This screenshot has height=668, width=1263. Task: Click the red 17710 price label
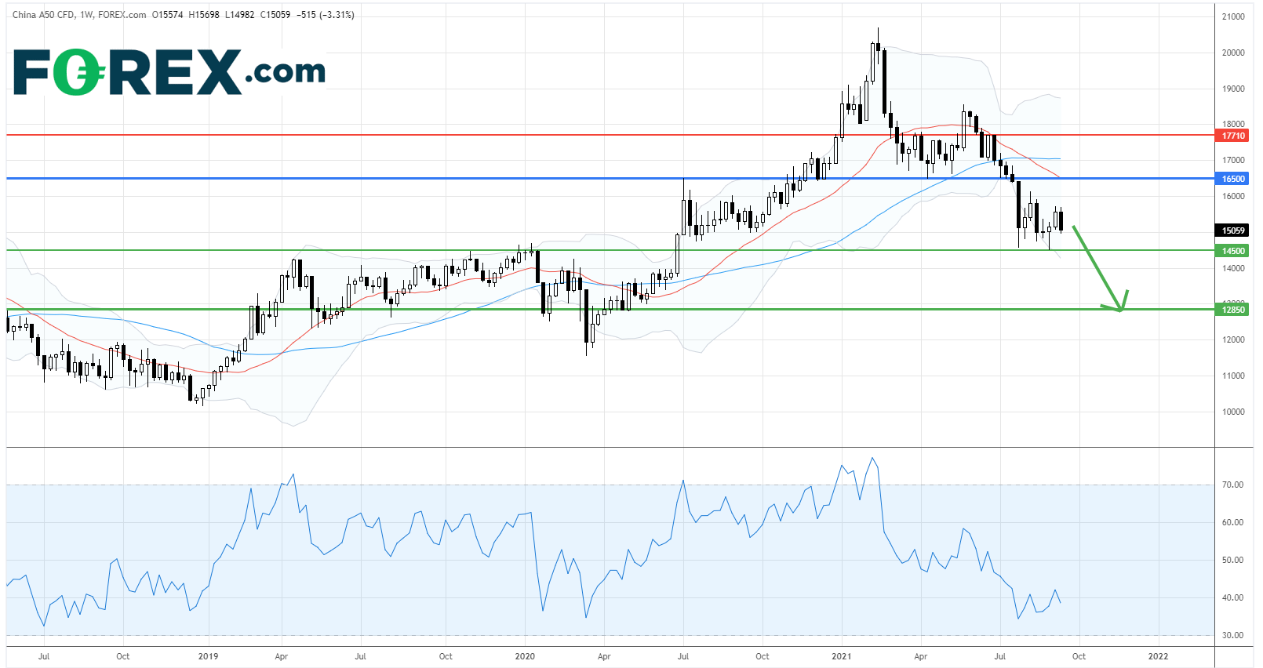point(1233,136)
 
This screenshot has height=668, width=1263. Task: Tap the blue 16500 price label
point(1233,179)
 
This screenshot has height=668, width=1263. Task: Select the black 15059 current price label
point(1233,231)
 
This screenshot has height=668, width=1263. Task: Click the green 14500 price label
point(1233,251)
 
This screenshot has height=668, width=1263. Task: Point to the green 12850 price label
point(1233,310)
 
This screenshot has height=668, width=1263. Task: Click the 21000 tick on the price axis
point(1233,16)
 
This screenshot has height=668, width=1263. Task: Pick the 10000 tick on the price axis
point(1233,412)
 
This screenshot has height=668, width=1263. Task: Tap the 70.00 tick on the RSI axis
point(1232,485)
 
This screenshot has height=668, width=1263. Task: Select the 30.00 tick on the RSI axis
point(1232,635)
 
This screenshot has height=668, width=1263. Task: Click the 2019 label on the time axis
point(208,656)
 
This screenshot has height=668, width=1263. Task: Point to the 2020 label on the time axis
point(525,656)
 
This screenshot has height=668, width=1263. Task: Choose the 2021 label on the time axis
point(841,656)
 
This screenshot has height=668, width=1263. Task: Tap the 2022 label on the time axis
point(1158,656)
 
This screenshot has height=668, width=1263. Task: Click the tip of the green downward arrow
point(1120,310)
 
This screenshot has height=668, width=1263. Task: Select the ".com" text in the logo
point(286,73)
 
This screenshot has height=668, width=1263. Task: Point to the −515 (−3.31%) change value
point(326,15)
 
